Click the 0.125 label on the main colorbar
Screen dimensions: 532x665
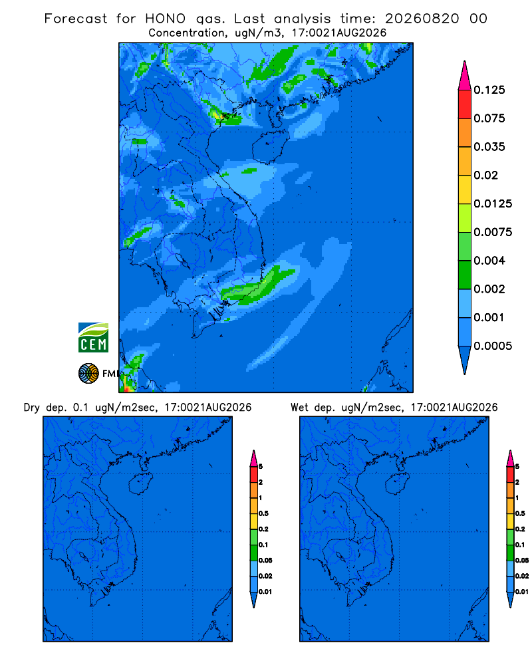tap(489, 90)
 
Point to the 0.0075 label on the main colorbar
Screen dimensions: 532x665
tap(493, 232)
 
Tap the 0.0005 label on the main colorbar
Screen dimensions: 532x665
tap(493, 346)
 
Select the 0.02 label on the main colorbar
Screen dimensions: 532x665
tap(485, 175)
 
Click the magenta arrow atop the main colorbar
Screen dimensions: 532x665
tap(465, 75)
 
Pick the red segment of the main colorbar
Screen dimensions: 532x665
tap(465, 104)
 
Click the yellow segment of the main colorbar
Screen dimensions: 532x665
tap(465, 190)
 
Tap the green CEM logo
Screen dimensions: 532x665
tap(93, 337)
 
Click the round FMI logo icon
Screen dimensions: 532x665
tap(88, 374)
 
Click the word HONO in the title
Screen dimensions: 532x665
tap(166, 19)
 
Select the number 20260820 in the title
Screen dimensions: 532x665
tap(422, 19)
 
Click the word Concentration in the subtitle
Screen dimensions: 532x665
tap(187, 33)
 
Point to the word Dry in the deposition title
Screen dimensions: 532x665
tap(32, 408)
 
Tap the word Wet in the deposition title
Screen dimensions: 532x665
tap(299, 408)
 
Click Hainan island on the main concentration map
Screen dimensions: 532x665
tap(270, 146)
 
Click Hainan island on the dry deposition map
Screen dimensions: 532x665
tap(140, 484)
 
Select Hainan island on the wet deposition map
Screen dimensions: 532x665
tap(398, 484)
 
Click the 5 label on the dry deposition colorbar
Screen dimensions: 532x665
tap(261, 467)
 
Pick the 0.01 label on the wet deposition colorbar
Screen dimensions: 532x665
tap(522, 592)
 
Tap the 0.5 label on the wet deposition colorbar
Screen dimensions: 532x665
tap(520, 513)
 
